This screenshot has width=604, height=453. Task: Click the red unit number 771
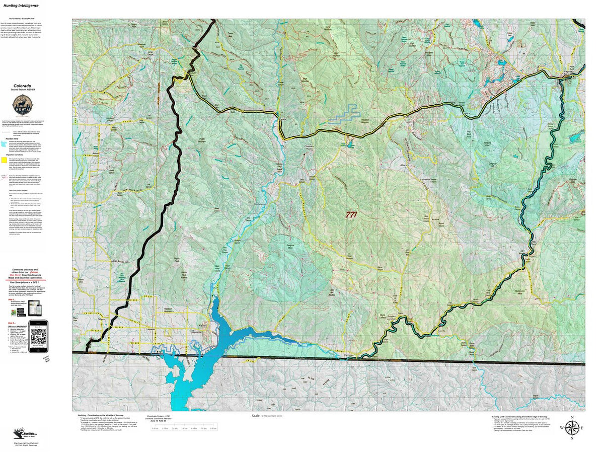(x=351, y=214)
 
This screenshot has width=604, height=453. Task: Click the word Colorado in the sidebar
(x=23, y=86)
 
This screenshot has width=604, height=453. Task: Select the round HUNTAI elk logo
(x=23, y=106)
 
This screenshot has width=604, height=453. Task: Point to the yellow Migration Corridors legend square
(x=4, y=160)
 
